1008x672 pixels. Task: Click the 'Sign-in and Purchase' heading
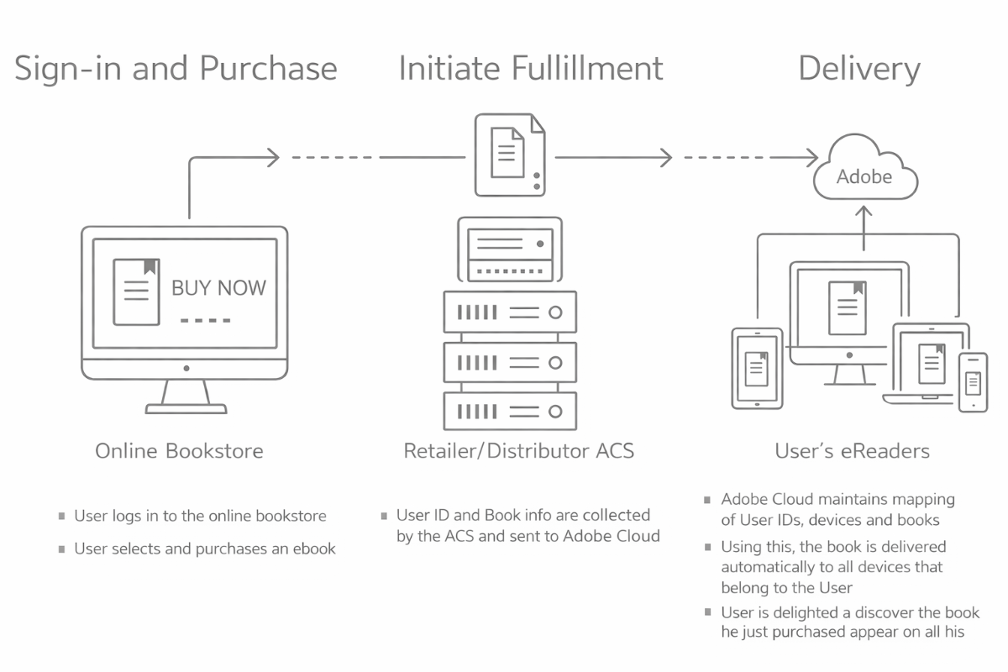176,69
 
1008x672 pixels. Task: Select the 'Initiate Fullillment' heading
531,69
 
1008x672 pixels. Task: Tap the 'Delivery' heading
858,69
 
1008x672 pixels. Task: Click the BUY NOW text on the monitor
218,288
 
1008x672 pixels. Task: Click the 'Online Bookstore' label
179,451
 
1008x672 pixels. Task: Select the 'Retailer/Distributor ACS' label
518,451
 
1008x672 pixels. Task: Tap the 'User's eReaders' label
852,451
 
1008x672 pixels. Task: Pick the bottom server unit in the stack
510,412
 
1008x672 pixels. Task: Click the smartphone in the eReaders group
974,382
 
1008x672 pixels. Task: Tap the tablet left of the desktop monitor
757,368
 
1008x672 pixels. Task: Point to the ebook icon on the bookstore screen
136,291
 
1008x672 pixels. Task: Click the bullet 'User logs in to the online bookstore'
200,516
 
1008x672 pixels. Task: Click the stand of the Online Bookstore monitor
186,396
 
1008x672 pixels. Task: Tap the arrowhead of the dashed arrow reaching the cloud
812,157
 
